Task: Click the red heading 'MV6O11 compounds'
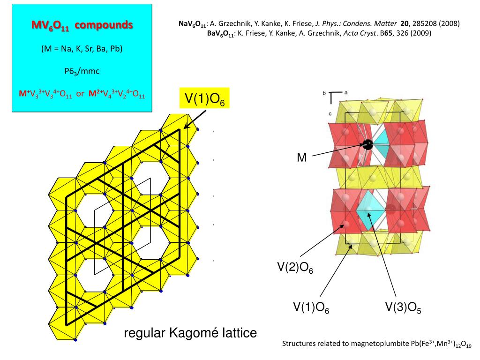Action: [82, 26]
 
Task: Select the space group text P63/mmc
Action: [82, 71]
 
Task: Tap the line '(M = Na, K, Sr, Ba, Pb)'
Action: [82, 49]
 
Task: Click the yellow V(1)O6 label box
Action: [205, 99]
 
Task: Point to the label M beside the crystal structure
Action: [302, 157]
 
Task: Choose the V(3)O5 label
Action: [403, 307]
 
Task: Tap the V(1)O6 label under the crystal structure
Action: [311, 307]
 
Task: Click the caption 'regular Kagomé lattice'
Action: [190, 333]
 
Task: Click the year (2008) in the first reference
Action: [450, 23]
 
